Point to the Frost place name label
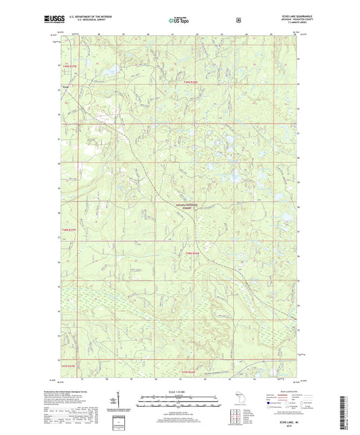click(66, 86)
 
